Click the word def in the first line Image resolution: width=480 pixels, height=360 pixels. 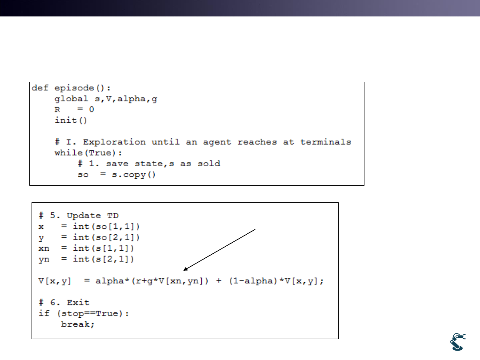[40, 88]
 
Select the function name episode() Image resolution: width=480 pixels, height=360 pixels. [82, 88]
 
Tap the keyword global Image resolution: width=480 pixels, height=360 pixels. [71, 99]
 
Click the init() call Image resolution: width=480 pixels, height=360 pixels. [71, 120]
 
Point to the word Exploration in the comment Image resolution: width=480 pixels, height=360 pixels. [114, 142]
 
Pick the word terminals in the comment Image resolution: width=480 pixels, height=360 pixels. [325, 142]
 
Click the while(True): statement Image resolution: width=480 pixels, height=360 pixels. [88, 153]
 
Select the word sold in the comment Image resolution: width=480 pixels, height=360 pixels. [209, 164]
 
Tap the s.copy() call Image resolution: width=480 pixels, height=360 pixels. [133, 175]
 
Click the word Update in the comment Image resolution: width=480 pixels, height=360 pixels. [84, 216]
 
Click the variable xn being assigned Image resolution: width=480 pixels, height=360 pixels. [44, 248]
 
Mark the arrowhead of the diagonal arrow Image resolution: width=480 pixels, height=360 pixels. [185, 269]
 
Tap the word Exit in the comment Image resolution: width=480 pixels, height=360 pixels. [78, 303]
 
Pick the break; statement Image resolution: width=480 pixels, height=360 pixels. [78, 324]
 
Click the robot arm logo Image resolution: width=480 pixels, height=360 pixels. [458, 342]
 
